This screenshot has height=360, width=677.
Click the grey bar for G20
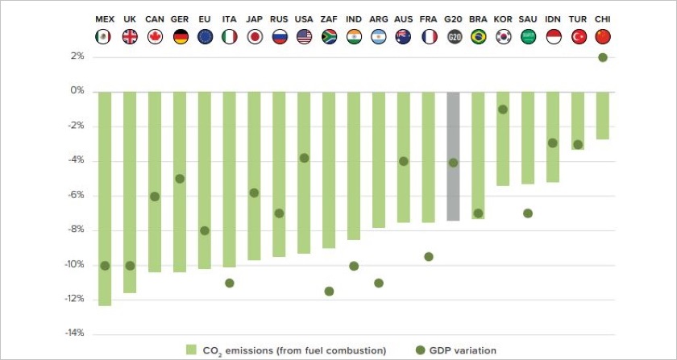click(x=454, y=156)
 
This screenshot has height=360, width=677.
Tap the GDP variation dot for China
click(x=603, y=57)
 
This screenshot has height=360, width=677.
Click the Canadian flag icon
click(x=155, y=37)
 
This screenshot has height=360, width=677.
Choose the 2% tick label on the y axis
click(x=77, y=56)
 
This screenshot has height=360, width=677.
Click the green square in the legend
click(x=191, y=350)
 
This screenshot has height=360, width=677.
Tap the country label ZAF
click(x=329, y=19)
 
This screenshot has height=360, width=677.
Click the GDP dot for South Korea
click(x=503, y=110)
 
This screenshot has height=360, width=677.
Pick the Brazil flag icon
click(x=478, y=37)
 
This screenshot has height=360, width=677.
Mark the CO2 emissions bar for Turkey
click(x=578, y=121)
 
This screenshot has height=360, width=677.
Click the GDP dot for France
click(x=429, y=257)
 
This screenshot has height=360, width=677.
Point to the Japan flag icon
click(x=254, y=37)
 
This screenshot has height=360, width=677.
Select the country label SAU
click(x=528, y=19)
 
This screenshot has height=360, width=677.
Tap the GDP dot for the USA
click(x=304, y=158)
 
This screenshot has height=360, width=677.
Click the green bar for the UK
click(x=130, y=192)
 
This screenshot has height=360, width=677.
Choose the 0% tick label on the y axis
click(x=77, y=92)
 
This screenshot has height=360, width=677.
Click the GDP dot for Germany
click(x=180, y=179)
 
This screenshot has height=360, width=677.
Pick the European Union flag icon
click(x=205, y=37)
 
